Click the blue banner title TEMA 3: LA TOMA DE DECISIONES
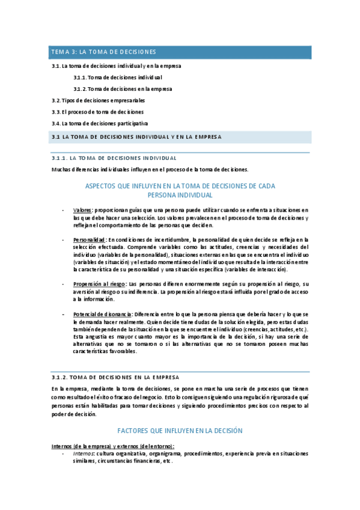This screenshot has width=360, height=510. [104, 52]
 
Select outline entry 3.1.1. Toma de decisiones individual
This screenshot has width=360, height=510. [118, 77]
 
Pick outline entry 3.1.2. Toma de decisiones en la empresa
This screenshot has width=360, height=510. [122, 89]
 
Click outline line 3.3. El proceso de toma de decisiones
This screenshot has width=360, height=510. [97, 112]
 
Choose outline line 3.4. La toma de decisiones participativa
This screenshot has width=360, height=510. [100, 123]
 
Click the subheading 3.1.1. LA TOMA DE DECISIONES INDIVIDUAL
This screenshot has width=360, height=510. [114, 158]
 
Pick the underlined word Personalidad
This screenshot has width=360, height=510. [89, 239]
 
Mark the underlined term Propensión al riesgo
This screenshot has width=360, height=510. [99, 284]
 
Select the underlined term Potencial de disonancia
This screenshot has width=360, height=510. [102, 315]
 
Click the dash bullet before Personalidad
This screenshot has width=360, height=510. [64, 239]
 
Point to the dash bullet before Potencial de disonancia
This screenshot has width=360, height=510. [64, 315]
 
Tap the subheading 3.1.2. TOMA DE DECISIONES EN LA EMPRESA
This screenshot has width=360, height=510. [115, 377]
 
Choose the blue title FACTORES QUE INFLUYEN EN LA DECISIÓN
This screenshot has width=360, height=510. [180, 431]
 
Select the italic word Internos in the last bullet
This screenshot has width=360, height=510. [84, 453]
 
